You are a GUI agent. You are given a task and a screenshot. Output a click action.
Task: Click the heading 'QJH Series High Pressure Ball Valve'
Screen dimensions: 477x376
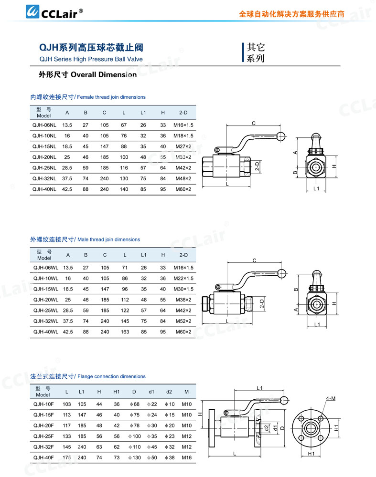click(x=91, y=60)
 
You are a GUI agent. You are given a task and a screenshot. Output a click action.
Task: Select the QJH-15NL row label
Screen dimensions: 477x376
click(x=44, y=146)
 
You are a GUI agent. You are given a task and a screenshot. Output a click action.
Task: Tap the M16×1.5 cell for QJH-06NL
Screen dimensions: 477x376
click(x=183, y=125)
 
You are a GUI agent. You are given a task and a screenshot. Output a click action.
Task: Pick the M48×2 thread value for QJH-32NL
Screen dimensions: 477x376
click(x=183, y=178)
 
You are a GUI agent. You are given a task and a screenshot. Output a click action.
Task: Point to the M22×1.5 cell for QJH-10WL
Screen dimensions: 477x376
click(x=183, y=278)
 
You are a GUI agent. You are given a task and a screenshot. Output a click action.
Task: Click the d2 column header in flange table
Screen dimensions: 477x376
click(x=169, y=392)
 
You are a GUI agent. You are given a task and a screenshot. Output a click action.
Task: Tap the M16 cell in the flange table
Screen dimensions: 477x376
click(x=186, y=457)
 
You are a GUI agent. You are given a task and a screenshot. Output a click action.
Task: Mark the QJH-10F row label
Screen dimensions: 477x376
click(x=43, y=404)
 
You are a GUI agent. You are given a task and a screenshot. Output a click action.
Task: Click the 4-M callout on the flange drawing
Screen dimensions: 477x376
click(x=331, y=398)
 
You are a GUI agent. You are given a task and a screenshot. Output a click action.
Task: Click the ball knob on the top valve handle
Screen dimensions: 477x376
click(x=282, y=136)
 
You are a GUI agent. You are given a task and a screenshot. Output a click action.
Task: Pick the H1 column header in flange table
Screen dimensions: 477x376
click(x=117, y=392)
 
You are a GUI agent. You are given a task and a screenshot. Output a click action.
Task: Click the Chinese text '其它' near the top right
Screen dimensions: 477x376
click(x=256, y=48)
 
